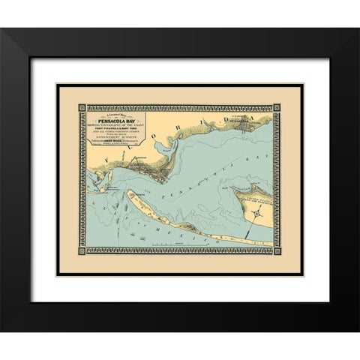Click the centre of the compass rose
(x=256, y=214)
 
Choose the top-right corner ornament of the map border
(x=277, y=108)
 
